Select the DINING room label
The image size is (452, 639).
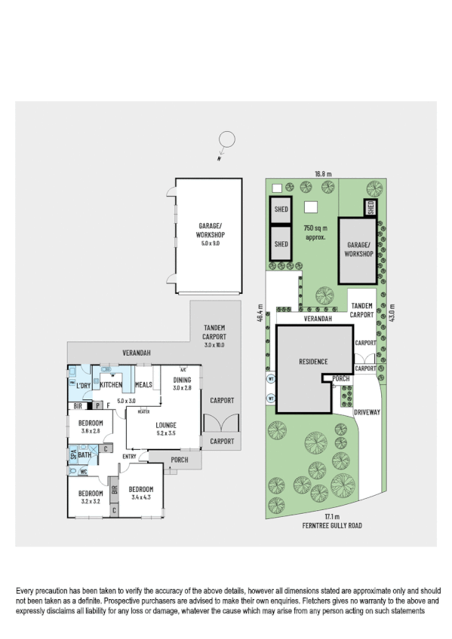click(x=183, y=380)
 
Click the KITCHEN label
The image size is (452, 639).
click(x=112, y=385)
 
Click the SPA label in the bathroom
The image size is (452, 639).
click(x=73, y=454)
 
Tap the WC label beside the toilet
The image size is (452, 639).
click(x=84, y=472)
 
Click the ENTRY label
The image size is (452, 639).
click(x=129, y=456)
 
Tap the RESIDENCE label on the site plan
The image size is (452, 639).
click(x=312, y=362)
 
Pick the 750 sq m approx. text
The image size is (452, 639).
click(x=314, y=232)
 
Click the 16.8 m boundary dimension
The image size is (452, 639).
click(x=322, y=174)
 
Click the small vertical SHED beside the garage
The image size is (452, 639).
click(x=371, y=208)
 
